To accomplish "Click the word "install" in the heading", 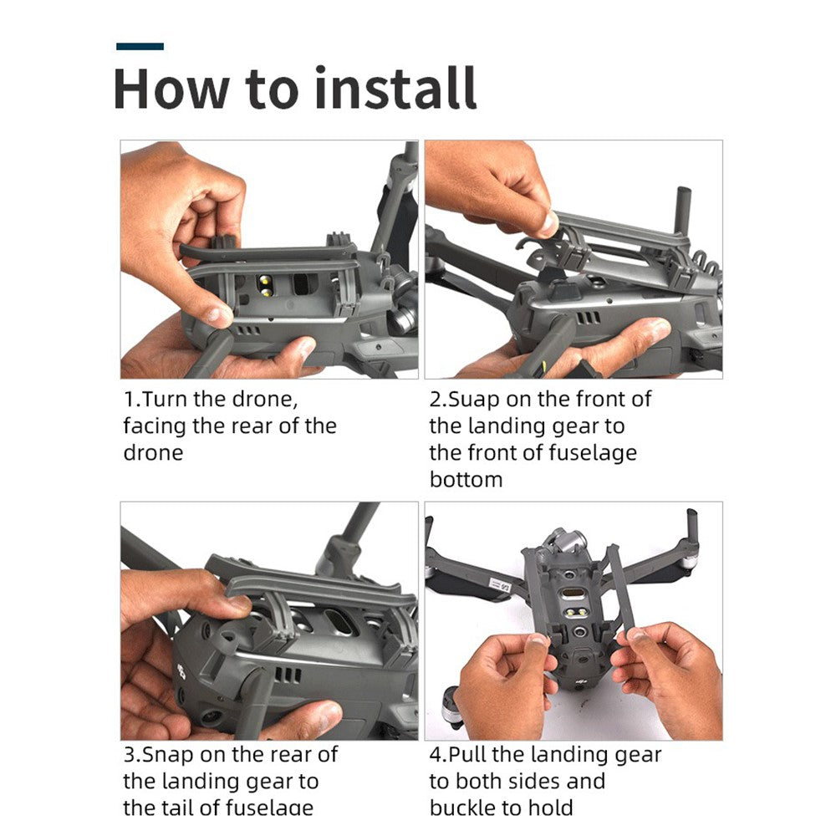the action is point(395,88).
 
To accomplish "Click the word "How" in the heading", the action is point(171,89).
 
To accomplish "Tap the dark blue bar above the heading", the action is point(140,46).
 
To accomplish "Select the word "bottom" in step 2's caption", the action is point(466,479).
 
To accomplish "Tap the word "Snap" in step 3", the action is point(168,756).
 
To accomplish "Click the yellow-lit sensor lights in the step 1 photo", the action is point(264,285).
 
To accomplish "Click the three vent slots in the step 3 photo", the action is point(288,676).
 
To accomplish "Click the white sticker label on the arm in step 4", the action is point(500,585).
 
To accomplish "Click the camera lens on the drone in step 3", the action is point(212,718).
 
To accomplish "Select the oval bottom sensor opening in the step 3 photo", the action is point(340,622).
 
